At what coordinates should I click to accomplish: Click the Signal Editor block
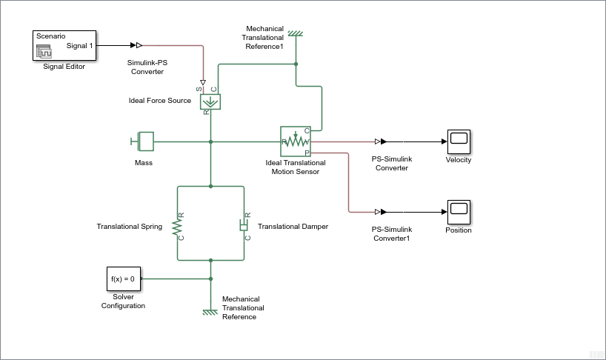pos(64,46)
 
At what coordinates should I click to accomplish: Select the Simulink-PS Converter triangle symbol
pos(139,45)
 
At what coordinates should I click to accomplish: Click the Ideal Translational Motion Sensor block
pos(295,141)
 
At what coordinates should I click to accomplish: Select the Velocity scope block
pos(459,141)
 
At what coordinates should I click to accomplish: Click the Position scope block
pos(459,211)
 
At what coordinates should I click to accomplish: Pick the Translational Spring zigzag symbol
pos(178,225)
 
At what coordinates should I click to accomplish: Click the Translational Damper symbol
pos(243,225)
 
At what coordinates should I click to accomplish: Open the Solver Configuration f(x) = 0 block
pos(122,279)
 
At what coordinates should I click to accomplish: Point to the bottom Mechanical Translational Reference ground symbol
pos(211,311)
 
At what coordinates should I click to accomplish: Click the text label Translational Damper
pos(293,227)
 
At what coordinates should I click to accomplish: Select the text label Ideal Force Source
pos(159,101)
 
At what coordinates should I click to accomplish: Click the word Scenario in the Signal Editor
pos(51,36)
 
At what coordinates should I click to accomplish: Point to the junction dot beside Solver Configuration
pos(211,279)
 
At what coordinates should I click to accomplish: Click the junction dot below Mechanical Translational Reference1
pos(296,64)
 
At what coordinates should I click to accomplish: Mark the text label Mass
pos(143,162)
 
